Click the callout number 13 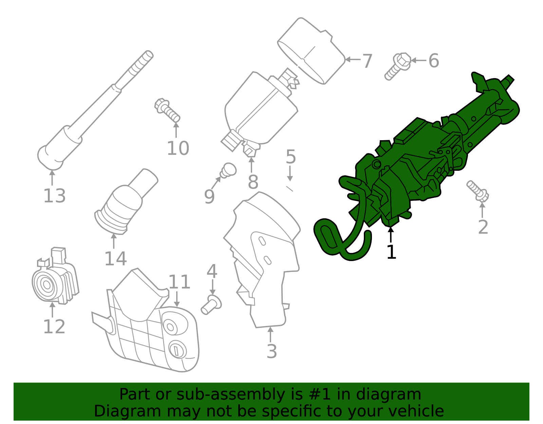(54, 196)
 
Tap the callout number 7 (367, 61)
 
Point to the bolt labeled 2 (478, 191)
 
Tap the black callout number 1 (391, 252)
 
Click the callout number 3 (271, 351)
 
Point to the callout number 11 (179, 282)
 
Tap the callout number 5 (291, 157)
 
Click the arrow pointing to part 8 (251, 165)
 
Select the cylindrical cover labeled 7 (312, 51)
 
